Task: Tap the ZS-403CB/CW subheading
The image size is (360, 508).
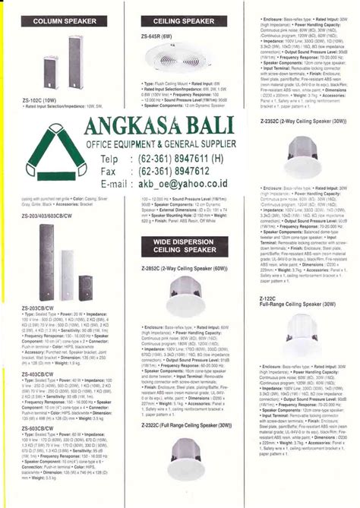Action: pyautogui.click(x=37, y=374)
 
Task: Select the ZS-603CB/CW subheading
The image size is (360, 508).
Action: pyautogui.click(x=37, y=428)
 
